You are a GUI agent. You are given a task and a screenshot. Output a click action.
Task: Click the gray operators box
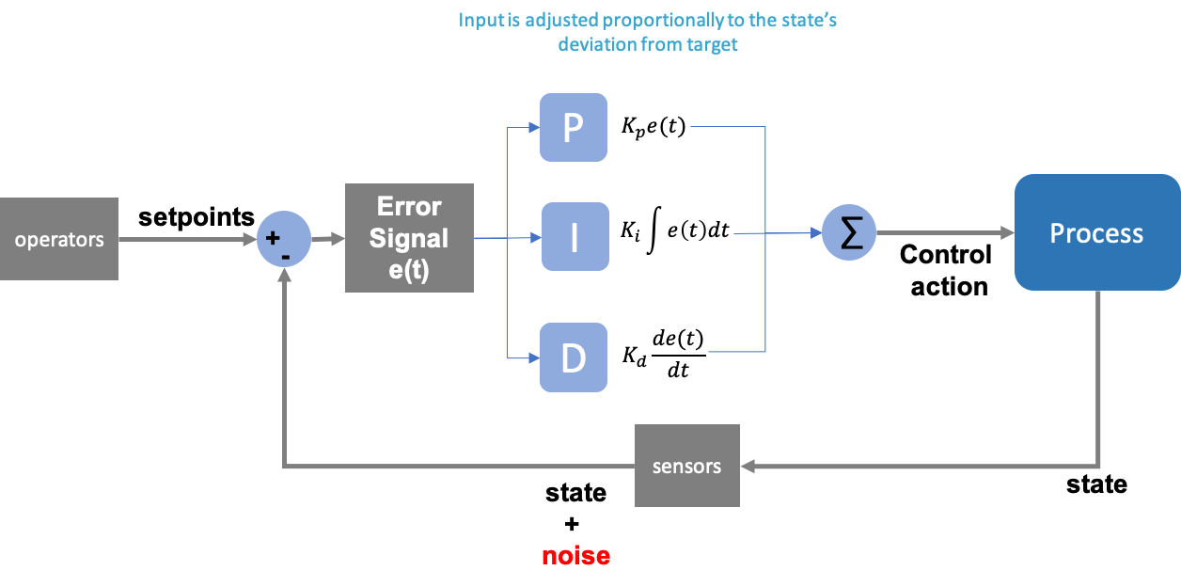click(59, 239)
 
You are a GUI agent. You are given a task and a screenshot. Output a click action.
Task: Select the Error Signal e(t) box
click(409, 238)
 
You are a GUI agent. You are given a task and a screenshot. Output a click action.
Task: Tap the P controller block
click(573, 127)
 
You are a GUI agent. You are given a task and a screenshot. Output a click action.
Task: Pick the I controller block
click(574, 237)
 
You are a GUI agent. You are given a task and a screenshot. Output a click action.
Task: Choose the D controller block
click(573, 357)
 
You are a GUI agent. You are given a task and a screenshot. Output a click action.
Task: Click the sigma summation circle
click(849, 233)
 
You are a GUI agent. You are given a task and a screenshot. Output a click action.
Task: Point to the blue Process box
click(1096, 232)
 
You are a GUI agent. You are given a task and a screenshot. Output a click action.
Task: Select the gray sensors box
click(686, 466)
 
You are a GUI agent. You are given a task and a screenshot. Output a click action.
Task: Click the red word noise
click(575, 556)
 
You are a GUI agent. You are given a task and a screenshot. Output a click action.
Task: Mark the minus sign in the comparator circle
click(285, 255)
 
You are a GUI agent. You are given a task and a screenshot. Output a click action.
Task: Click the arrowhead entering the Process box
click(1007, 232)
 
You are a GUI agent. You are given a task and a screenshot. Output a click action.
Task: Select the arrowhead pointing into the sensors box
click(748, 466)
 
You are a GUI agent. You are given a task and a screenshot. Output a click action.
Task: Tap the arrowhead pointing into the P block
click(533, 128)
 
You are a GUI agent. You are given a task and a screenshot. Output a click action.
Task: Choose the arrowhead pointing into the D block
click(533, 357)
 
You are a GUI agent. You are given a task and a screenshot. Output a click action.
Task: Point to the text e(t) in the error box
click(409, 270)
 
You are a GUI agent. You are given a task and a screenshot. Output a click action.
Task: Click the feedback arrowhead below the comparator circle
click(284, 275)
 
